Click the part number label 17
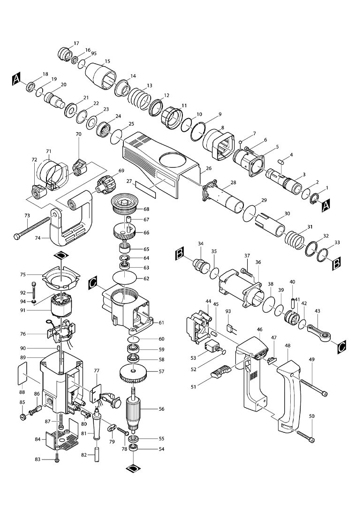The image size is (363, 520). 77,43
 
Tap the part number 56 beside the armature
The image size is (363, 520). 161,409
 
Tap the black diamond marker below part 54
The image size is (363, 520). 134,468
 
